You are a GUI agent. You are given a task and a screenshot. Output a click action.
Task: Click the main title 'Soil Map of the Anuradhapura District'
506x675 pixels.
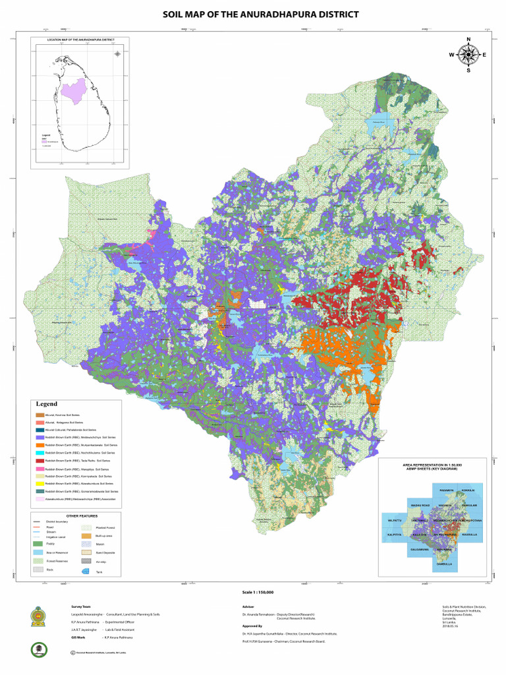[261, 14]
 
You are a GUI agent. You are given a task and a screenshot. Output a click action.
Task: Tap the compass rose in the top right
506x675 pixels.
[468, 55]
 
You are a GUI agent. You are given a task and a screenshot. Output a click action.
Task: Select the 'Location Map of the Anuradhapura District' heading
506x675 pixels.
[80, 40]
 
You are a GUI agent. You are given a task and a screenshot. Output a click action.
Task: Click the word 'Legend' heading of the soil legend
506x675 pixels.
[47, 403]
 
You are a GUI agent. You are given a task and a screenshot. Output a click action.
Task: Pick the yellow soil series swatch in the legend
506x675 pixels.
[40, 483]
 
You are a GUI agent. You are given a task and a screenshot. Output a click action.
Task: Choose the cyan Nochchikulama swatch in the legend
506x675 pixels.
[40, 453]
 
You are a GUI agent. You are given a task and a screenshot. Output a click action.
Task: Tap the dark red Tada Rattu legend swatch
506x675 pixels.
[40, 461]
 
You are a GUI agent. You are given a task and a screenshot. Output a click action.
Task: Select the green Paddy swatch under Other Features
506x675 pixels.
[38, 544]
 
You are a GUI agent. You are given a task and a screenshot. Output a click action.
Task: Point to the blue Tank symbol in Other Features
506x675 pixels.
[85, 570]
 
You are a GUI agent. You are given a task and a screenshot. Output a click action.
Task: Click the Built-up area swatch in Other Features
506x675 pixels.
[85, 536]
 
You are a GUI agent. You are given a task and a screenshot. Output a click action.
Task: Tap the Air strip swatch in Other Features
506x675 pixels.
[85, 560]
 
